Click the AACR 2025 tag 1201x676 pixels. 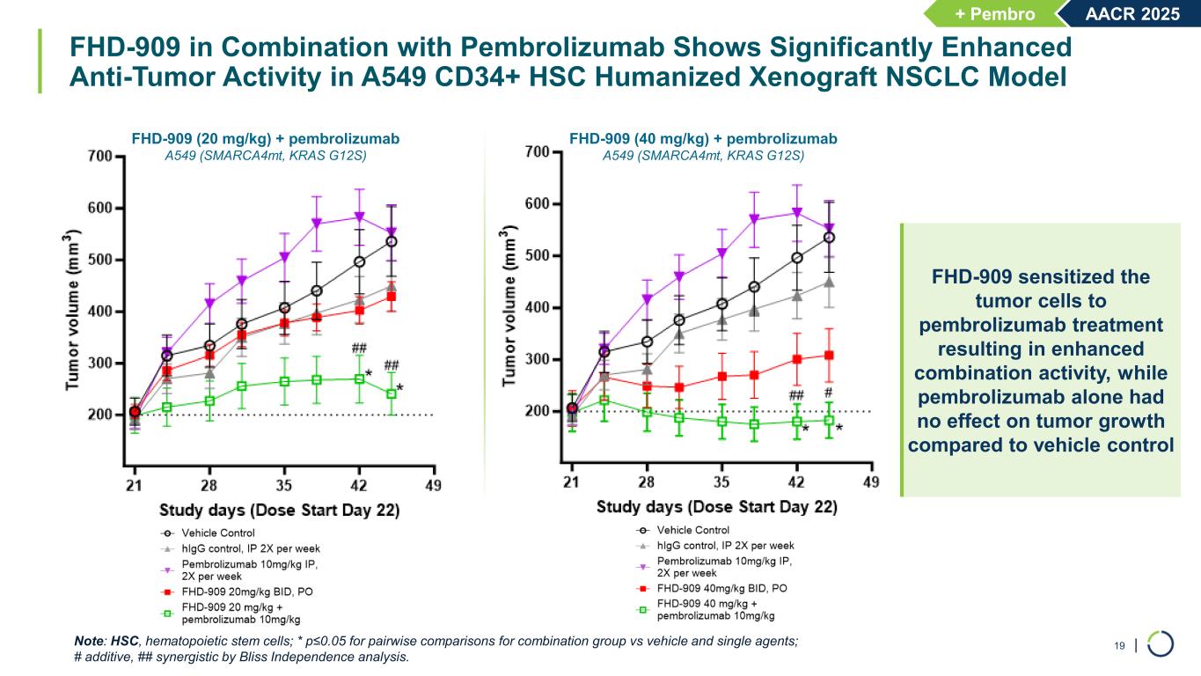tap(1133, 13)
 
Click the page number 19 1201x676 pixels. tap(1120, 647)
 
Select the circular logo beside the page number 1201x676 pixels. tap(1161, 643)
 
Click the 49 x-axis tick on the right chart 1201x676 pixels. tap(871, 481)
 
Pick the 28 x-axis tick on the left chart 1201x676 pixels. tap(209, 486)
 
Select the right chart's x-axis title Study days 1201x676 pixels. tap(717, 507)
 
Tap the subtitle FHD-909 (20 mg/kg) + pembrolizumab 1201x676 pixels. tap(265, 138)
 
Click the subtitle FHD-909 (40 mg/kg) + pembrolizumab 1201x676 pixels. tap(703, 138)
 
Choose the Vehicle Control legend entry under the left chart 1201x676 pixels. tap(218, 533)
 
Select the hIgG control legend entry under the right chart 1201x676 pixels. tap(725, 546)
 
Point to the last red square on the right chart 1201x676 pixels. tap(829, 356)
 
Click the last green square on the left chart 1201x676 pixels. tap(392, 393)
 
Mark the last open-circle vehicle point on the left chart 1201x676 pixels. tap(392, 241)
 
